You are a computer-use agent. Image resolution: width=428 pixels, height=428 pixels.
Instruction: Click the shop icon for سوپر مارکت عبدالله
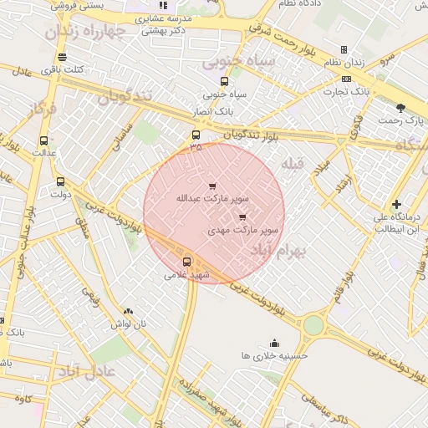[211, 186]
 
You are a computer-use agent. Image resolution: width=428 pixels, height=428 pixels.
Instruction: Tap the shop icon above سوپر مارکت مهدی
[242, 217]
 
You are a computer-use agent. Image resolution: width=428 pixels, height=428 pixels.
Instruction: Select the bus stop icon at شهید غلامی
[186, 261]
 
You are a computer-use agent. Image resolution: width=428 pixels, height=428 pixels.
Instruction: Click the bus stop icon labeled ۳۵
[196, 135]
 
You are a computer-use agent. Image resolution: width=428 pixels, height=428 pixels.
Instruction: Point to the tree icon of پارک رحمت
[400, 107]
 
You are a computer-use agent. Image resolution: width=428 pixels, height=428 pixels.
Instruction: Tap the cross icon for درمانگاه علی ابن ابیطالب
[396, 204]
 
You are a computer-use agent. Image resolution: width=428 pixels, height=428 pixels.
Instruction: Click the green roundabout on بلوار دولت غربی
[313, 324]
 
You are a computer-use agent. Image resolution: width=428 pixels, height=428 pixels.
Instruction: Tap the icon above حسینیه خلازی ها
[274, 342]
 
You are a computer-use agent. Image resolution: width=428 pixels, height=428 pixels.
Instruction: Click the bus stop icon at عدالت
[43, 141]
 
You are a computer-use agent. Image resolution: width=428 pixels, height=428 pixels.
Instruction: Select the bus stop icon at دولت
[60, 181]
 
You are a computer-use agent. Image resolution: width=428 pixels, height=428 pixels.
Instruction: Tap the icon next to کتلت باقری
[62, 57]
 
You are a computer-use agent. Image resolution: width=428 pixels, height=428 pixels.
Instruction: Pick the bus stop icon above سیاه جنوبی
[224, 81]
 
